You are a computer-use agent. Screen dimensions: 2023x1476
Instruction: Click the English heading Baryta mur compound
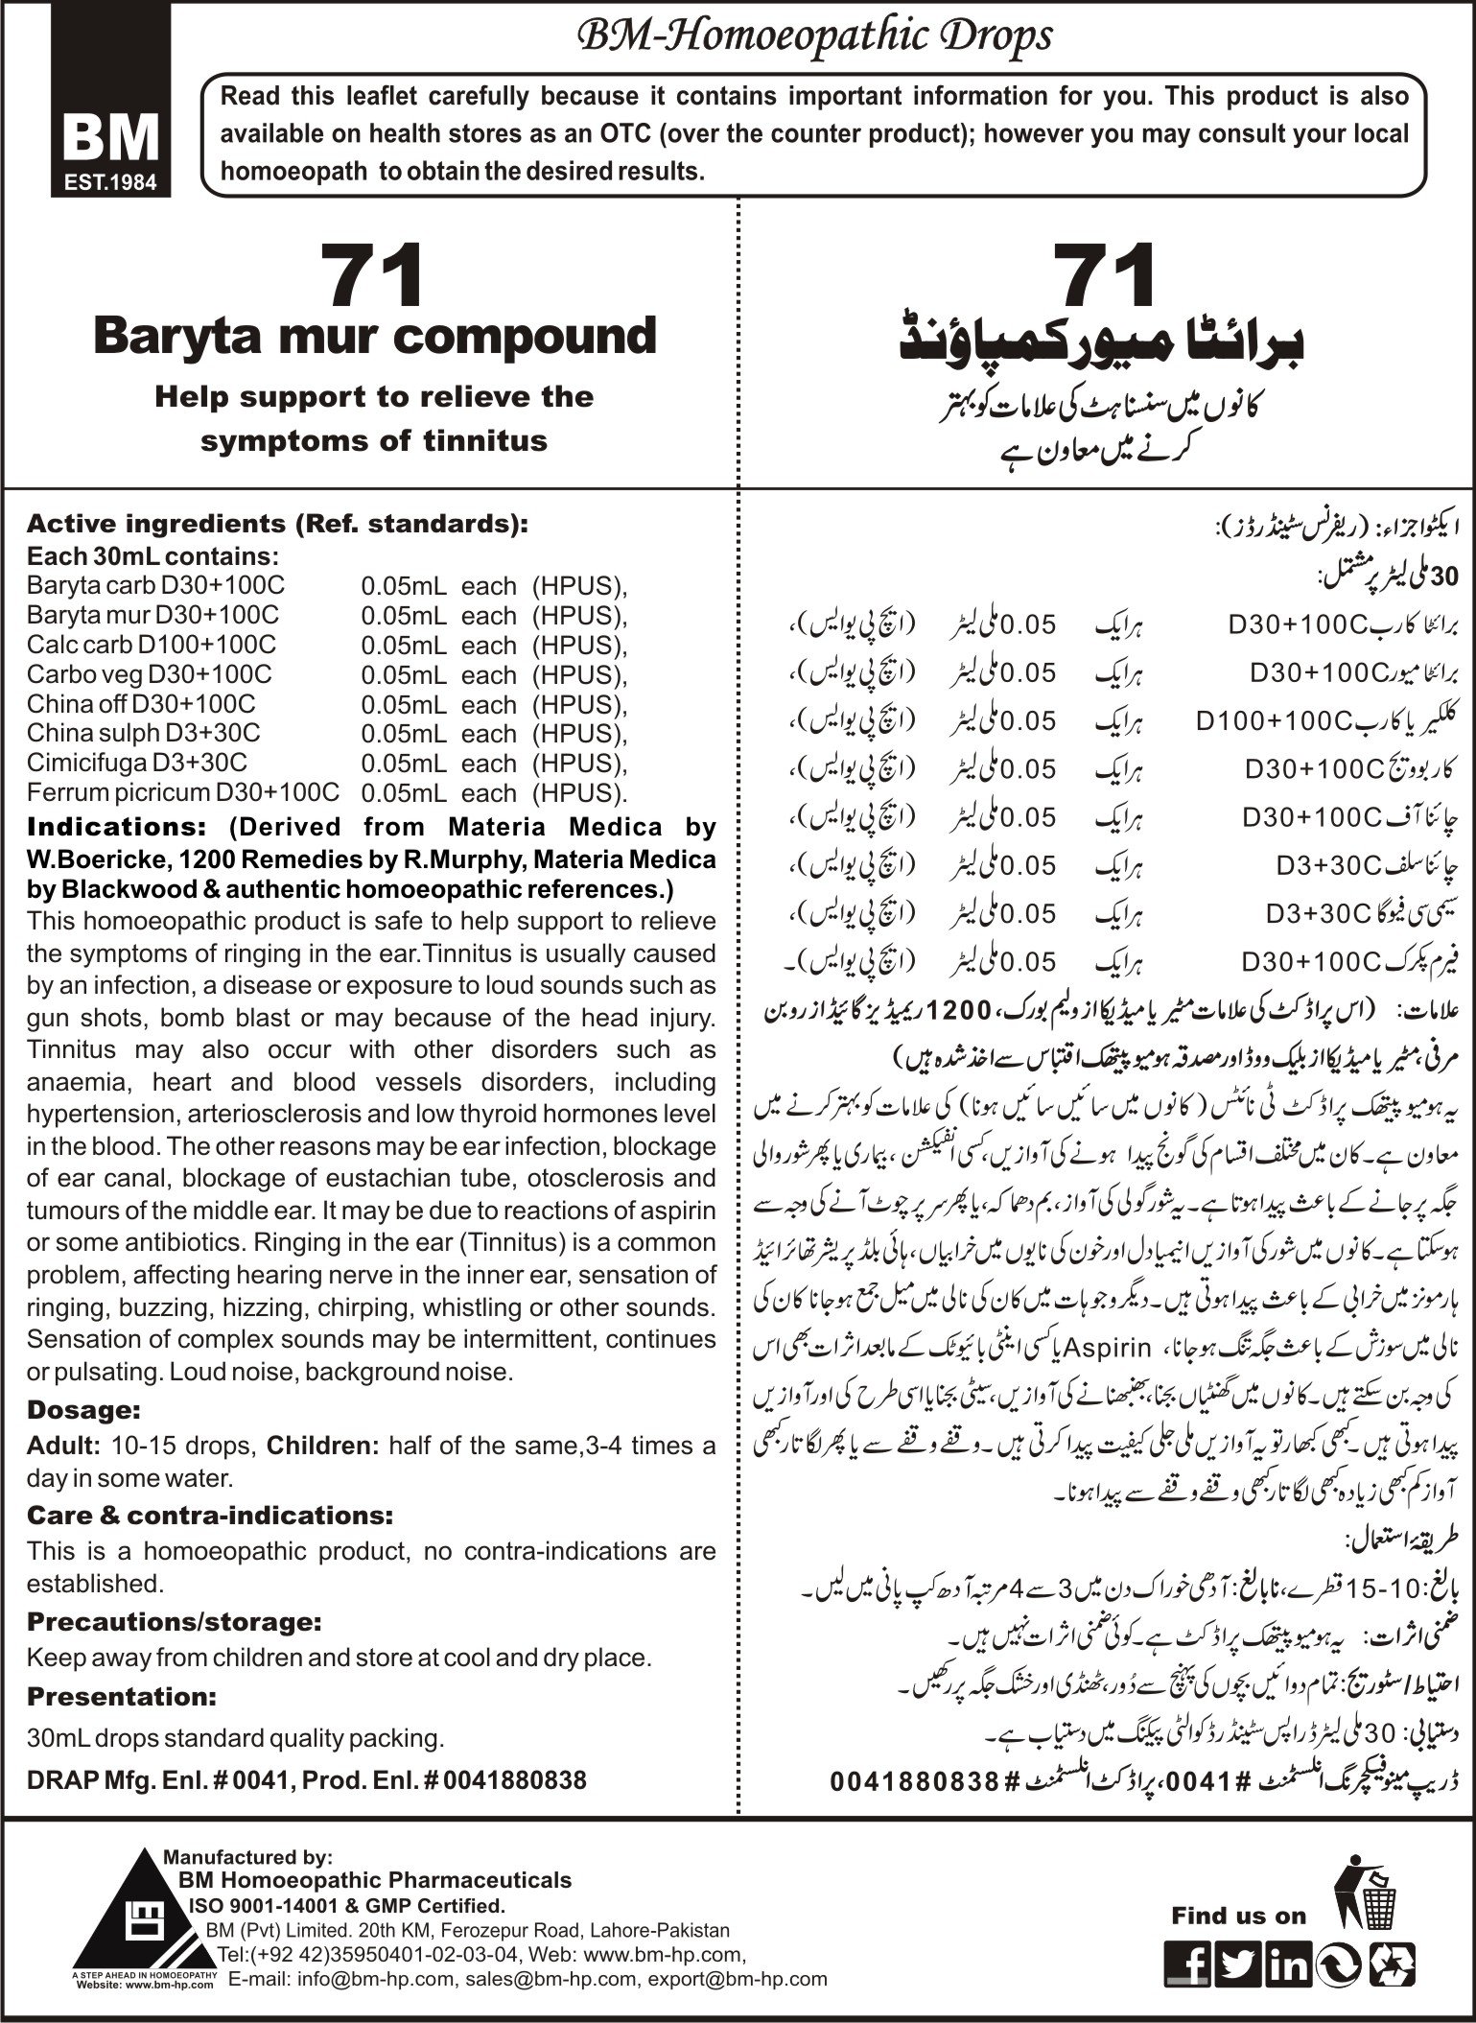pos(374,337)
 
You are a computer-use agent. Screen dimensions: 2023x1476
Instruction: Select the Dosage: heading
pos(84,1410)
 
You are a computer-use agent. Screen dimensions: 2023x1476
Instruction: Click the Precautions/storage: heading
pos(174,1622)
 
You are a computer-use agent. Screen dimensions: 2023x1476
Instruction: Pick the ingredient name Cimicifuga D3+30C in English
pos(137,763)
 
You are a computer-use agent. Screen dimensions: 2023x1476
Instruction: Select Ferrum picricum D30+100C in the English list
pos(183,792)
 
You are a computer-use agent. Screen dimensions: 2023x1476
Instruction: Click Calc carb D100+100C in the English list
pos(152,645)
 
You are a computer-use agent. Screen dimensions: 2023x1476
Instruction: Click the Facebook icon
pos(1186,1965)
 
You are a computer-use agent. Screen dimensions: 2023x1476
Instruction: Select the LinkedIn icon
pos(1287,1965)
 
